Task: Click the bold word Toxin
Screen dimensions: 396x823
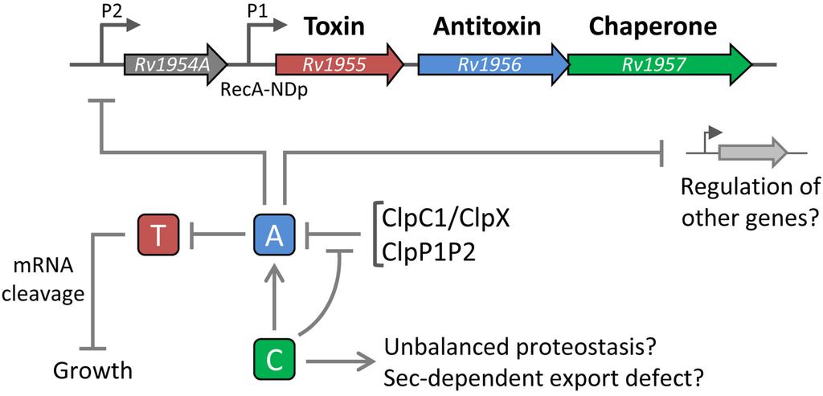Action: [334, 27]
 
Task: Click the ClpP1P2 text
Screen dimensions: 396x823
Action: [428, 254]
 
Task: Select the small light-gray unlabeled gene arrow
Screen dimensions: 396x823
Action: [751, 152]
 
